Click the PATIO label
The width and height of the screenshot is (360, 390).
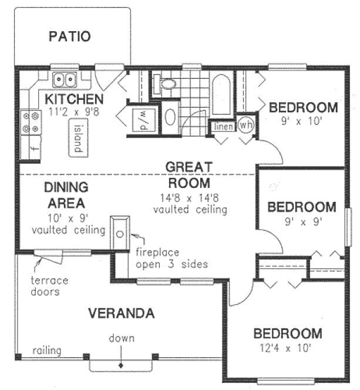(x=69, y=36)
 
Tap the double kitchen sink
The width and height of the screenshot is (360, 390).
(x=65, y=79)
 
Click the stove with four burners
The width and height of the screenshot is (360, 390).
(x=29, y=122)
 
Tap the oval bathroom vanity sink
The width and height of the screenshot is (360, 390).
(x=170, y=117)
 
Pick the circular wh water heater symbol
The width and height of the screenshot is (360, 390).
(x=245, y=126)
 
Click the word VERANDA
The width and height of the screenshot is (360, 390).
(x=121, y=313)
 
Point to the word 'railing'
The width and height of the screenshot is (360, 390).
(x=46, y=351)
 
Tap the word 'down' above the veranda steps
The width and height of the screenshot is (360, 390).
(x=121, y=338)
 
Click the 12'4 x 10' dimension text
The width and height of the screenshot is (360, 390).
(x=287, y=347)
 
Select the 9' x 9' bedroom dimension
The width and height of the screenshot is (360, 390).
(x=301, y=222)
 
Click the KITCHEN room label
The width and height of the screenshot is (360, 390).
(x=75, y=98)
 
